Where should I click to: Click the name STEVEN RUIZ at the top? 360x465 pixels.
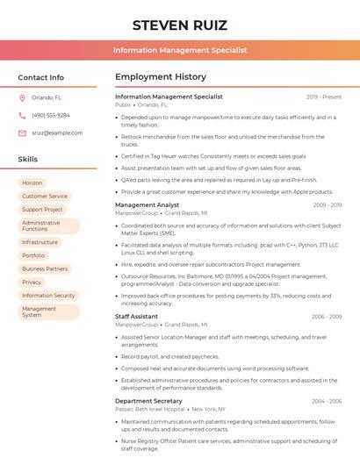pyautogui.click(x=180, y=25)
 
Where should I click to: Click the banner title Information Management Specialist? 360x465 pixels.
pyautogui.click(x=180, y=51)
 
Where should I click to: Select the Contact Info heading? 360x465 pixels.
pyautogui.click(x=41, y=77)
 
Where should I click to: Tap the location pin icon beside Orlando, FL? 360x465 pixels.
pyautogui.click(x=22, y=98)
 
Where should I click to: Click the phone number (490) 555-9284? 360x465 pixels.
pyautogui.click(x=51, y=115)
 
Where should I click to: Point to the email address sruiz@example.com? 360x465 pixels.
pyautogui.click(x=57, y=132)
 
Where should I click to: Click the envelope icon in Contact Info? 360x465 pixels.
pyautogui.click(x=22, y=132)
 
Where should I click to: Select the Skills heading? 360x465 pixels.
pyautogui.click(x=28, y=159)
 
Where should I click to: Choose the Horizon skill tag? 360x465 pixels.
pyautogui.click(x=32, y=183)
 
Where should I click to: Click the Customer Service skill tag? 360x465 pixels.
pyautogui.click(x=45, y=197)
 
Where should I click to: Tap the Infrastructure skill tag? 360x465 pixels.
pyautogui.click(x=40, y=242)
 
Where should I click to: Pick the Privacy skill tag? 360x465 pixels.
pyautogui.click(x=32, y=283)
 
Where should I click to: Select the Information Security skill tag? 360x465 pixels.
pyautogui.click(x=48, y=296)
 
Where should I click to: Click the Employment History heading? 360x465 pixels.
pyautogui.click(x=161, y=77)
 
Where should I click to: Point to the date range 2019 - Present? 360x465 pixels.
pyautogui.click(x=324, y=97)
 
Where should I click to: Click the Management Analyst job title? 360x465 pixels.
pyautogui.click(x=147, y=205)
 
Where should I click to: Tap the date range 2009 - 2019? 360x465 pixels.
pyautogui.click(x=327, y=205)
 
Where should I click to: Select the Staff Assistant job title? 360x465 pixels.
pyautogui.click(x=137, y=316)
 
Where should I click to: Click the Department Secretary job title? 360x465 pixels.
pyautogui.click(x=148, y=401)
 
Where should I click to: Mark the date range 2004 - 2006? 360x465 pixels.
pyautogui.click(x=327, y=401)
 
